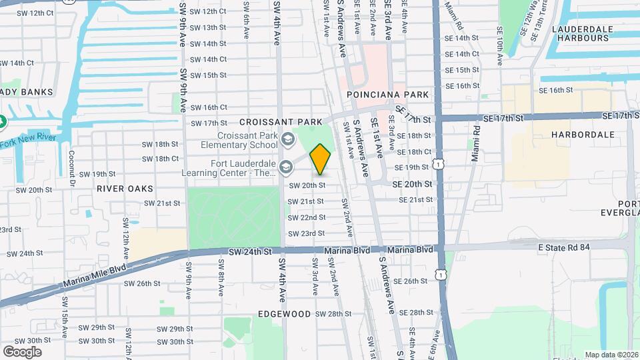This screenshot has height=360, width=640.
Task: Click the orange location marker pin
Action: point(321,159)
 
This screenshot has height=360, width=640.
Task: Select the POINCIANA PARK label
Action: point(388,95)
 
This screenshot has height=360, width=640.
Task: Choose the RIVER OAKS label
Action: point(125,189)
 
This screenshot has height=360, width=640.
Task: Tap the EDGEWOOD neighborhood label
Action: point(285,313)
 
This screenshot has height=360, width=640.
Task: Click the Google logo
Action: point(22,351)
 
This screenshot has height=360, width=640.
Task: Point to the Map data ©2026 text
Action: point(610,355)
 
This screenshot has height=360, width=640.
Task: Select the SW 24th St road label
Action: point(250,251)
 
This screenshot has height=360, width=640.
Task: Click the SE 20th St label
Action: point(412,184)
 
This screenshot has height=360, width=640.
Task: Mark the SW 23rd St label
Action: point(306,233)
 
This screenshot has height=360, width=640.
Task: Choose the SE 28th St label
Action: point(413,312)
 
